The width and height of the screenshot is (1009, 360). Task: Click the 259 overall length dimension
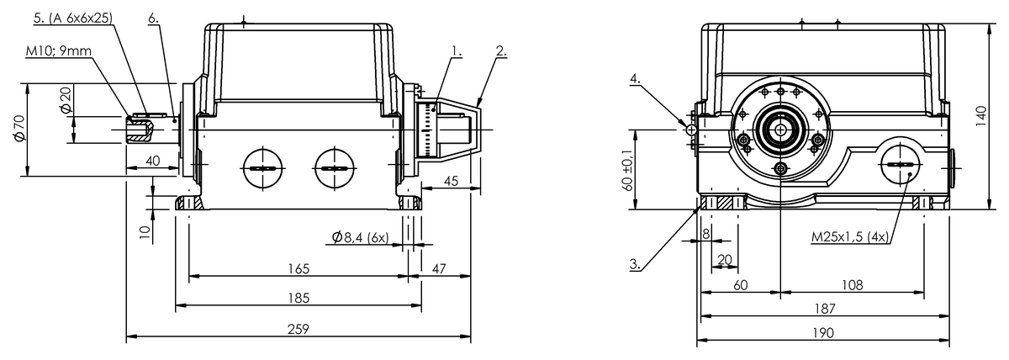coord(298,329)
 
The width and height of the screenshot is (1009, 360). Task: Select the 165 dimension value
coord(298,268)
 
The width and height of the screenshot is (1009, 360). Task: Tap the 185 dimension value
coord(298,298)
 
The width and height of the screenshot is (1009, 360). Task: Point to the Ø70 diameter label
coord(20,128)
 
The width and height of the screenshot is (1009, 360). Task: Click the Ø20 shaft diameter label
coord(66,99)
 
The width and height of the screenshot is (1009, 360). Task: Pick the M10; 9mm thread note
coord(59,51)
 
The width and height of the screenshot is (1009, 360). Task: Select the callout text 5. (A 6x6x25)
coord(73,18)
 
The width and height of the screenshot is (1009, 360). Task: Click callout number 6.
coord(154,18)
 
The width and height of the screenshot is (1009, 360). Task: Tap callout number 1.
coord(457,51)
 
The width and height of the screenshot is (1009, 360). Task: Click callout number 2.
coord(501,51)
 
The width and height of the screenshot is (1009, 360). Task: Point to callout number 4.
coord(635,79)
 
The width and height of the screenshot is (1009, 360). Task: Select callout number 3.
coord(635,264)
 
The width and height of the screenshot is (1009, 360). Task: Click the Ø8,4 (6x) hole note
coord(361,237)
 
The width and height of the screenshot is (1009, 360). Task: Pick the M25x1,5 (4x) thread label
coord(850,236)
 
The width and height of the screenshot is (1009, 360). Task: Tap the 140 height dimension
coord(981,116)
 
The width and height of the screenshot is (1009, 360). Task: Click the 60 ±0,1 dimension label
coord(627,170)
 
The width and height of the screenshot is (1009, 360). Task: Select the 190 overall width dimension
coord(823,332)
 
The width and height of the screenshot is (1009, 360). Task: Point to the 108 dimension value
coord(853,285)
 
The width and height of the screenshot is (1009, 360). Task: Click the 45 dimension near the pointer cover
coord(451,181)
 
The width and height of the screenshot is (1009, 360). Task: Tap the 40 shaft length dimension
coord(153,161)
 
